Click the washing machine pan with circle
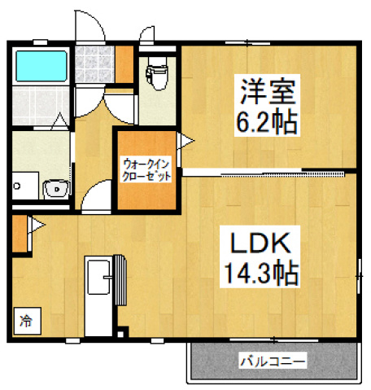24,186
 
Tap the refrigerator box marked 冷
26,320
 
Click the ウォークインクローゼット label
146,168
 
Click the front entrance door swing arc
91,28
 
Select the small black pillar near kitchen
122,334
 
